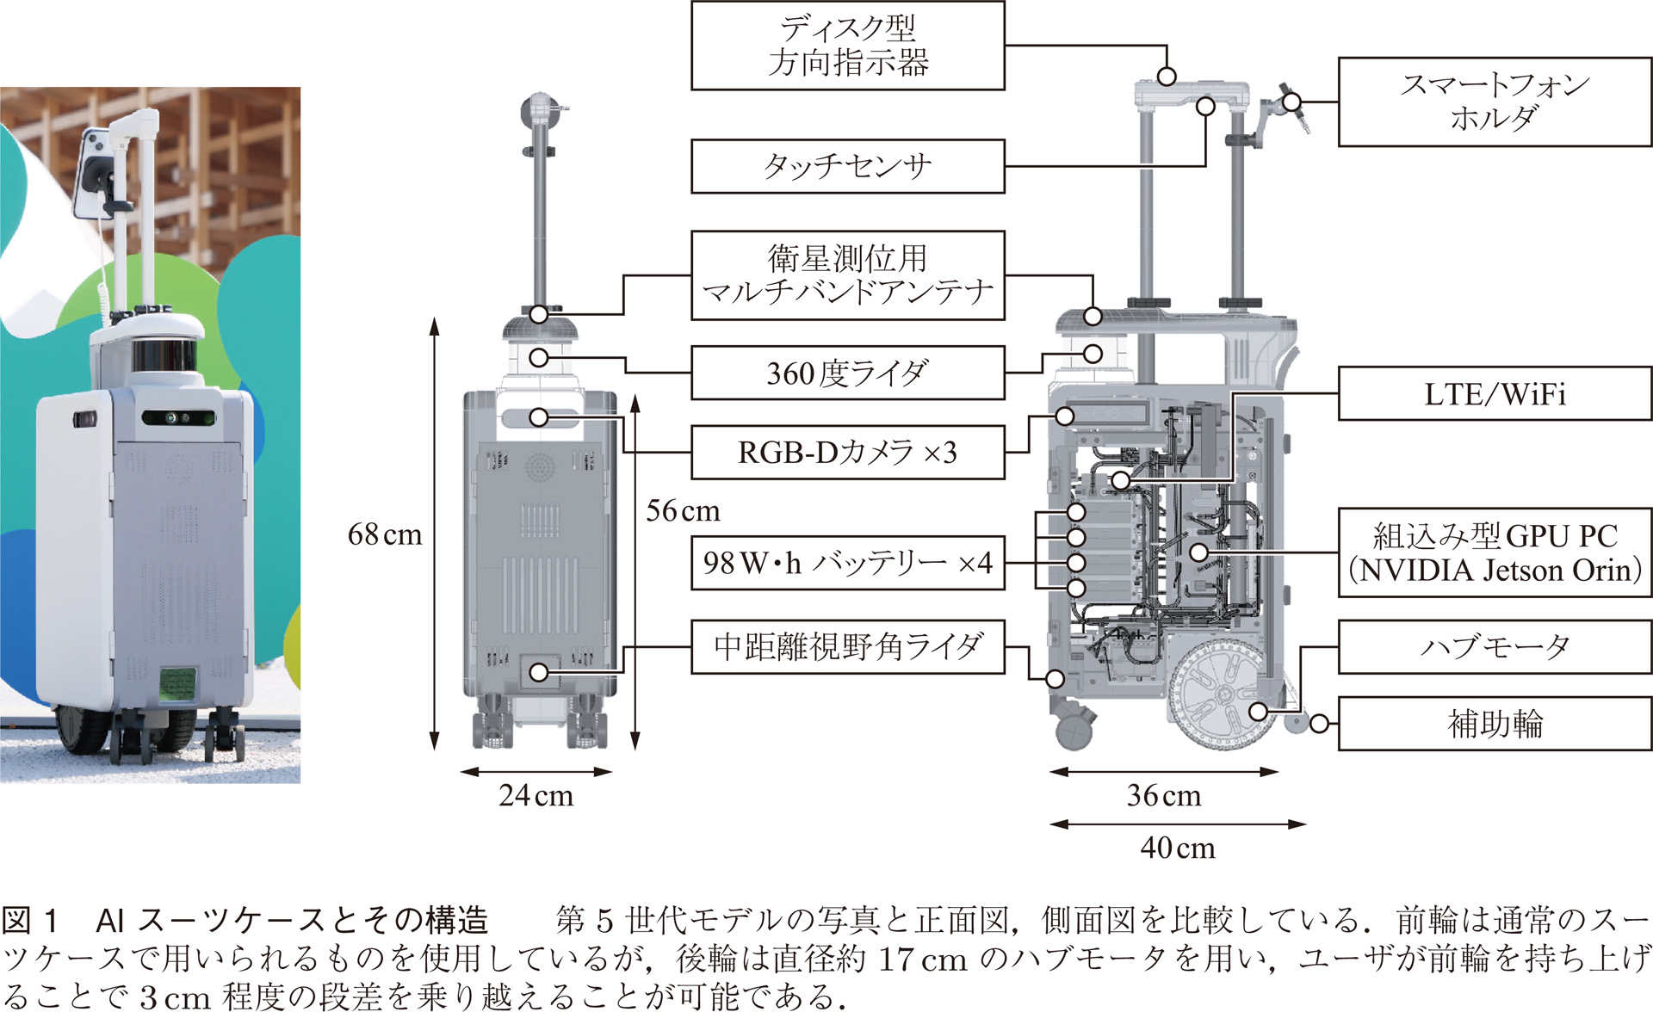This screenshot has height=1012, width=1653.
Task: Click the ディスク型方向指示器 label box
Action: (848, 46)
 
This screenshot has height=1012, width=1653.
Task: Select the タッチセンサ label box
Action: (848, 166)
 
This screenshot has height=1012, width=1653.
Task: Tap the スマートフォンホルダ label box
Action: (1495, 102)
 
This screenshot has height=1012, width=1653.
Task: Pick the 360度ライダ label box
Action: (848, 373)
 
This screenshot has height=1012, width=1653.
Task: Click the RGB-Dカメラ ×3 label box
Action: (848, 453)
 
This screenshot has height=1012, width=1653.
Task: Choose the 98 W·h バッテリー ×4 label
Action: (848, 564)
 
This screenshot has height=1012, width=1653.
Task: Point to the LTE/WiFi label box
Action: (1495, 394)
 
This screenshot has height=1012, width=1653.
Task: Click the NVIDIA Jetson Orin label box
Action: (1495, 552)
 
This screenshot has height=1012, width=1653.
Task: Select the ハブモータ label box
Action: (1495, 647)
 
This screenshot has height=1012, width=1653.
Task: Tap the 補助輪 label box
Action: (1495, 724)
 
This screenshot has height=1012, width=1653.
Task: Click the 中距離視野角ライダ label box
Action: (848, 647)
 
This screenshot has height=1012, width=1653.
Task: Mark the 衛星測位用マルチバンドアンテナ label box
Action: (848, 275)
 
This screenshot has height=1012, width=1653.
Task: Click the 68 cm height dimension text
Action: (385, 534)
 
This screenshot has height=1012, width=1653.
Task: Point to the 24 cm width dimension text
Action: (536, 795)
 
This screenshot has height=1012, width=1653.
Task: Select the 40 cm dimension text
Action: (1178, 848)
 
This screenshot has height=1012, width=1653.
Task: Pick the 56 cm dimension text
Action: (683, 510)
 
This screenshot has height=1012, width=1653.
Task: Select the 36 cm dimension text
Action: (1164, 795)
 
